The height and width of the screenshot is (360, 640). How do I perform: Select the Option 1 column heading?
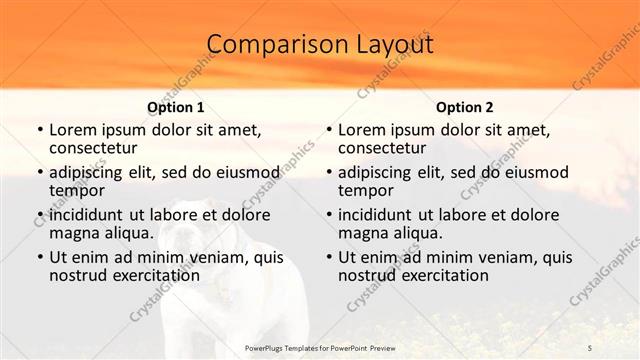(x=175, y=107)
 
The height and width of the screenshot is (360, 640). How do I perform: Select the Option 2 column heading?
(x=464, y=107)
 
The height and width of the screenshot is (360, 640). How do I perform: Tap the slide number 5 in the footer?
(x=590, y=347)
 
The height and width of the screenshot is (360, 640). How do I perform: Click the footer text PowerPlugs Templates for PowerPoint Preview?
(x=320, y=347)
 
